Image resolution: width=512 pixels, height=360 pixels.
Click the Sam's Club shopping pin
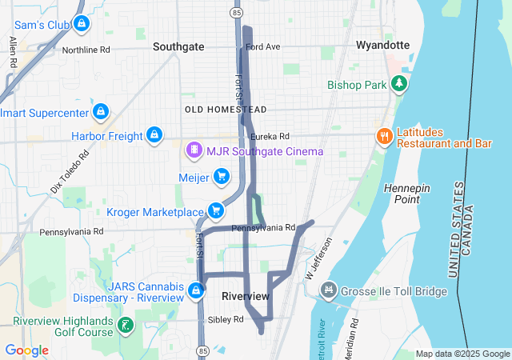pos(81,25)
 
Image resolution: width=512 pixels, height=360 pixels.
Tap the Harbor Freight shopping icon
pos(154,135)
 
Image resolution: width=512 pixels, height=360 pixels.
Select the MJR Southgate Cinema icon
pos(193,150)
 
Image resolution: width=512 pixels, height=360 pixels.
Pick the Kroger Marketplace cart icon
pos(215,210)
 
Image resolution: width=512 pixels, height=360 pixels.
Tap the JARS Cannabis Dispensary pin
pos(197,289)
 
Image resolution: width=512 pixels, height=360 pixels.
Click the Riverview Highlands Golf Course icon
pos(126,325)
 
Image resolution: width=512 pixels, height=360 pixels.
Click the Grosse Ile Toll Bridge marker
pos(327,289)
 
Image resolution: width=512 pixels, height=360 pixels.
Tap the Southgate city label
pos(178,46)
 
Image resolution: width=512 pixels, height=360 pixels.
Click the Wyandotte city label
pos(382,45)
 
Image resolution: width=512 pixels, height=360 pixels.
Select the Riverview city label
pos(245,297)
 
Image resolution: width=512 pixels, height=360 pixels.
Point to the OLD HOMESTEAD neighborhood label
pos(225,109)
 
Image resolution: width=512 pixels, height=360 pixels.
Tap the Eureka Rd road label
pos(273,137)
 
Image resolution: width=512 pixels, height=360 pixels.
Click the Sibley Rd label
pos(226,319)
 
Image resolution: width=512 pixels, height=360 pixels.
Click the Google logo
pos(26,350)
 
